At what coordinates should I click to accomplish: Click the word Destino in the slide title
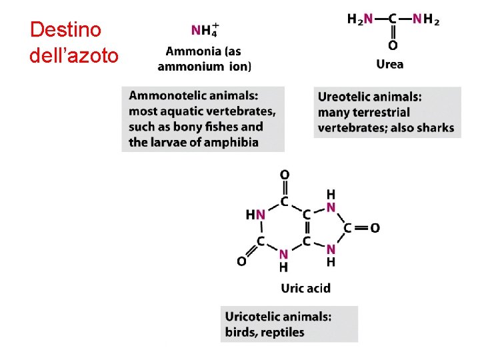point(66,30)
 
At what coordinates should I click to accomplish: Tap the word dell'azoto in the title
point(74,55)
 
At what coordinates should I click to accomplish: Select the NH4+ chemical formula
point(205,30)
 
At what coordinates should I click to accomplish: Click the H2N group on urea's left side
point(360,19)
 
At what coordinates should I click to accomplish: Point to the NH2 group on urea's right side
point(425,19)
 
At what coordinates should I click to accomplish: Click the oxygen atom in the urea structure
point(393,46)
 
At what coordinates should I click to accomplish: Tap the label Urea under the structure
point(390,65)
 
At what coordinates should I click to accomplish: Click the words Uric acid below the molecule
point(305,288)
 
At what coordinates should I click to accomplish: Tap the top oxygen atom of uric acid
point(285,175)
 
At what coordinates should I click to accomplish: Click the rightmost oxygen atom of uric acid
point(375,228)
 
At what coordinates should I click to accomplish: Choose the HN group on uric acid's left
point(255,215)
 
